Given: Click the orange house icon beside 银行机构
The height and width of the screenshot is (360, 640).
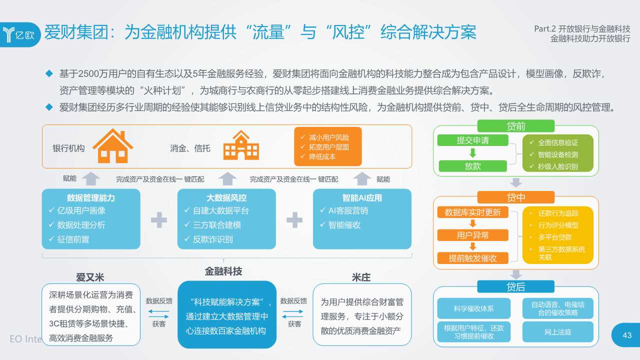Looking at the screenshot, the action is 113,146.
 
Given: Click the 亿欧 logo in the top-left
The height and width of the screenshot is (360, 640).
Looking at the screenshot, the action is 20,34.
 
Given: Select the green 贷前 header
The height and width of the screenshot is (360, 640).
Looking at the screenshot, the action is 515,126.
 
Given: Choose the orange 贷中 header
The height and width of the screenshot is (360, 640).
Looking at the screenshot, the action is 515,197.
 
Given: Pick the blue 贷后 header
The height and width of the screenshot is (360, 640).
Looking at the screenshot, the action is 515,286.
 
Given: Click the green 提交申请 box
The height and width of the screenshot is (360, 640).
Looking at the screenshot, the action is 472,140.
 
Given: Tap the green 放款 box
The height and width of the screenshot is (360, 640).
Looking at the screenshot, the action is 472,166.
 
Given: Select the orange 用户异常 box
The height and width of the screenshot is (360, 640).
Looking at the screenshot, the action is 472,235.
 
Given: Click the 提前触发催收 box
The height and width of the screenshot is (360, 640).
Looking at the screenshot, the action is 472,258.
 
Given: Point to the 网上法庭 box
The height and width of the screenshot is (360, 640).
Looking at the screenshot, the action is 557,332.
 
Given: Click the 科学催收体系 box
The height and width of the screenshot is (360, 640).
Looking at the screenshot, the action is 473,308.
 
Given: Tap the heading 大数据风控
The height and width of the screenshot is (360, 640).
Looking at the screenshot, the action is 226,197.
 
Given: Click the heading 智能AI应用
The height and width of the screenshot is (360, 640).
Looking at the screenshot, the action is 362,197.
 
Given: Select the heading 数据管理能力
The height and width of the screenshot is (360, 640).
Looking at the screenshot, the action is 91,197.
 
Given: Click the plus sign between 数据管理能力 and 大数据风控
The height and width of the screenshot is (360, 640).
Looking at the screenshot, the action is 159,219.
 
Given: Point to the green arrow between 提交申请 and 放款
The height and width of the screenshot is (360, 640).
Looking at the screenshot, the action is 472,153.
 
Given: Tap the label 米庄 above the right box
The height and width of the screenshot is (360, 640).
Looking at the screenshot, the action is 361,277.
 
